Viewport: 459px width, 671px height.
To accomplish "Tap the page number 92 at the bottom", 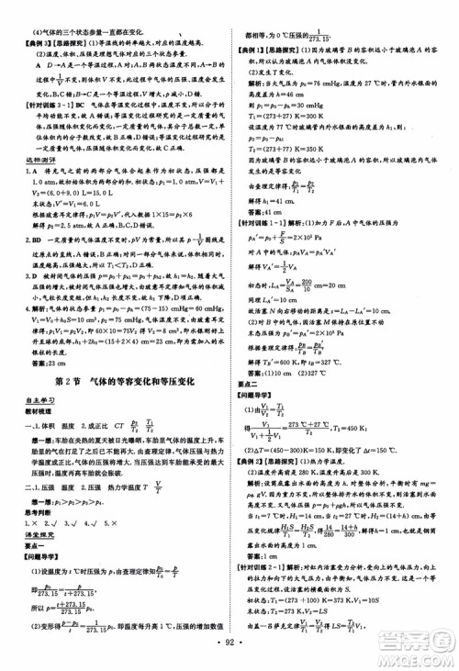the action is click(x=228, y=657).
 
